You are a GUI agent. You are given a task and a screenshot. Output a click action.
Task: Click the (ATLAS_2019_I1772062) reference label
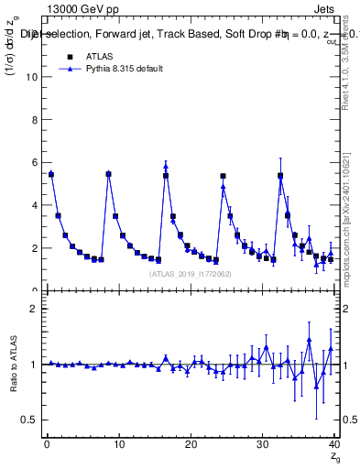pyautogui.click(x=190, y=273)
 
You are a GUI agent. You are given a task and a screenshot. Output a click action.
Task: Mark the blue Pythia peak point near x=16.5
pyautogui.click(x=166, y=166)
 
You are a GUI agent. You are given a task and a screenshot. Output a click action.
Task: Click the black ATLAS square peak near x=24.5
pyautogui.click(x=223, y=176)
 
